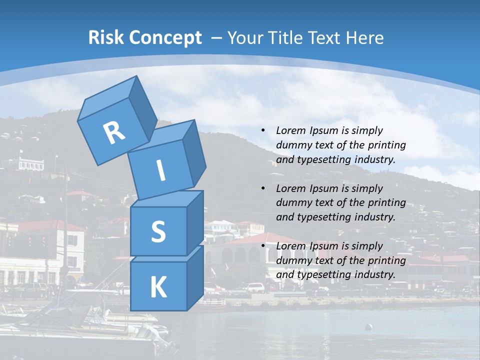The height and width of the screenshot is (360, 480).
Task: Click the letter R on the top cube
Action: pyautogui.click(x=114, y=133)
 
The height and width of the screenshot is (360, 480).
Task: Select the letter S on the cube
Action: pyautogui.click(x=158, y=232)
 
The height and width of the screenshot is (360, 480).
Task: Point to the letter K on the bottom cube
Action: pyautogui.click(x=158, y=287)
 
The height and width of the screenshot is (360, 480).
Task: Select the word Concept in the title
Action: pyautogui.click(x=164, y=38)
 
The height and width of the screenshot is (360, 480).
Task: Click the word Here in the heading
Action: pyautogui.click(x=364, y=38)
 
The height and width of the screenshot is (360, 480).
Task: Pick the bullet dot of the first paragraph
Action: pyautogui.click(x=263, y=130)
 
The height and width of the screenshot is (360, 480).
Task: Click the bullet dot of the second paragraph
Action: pyautogui.click(x=263, y=188)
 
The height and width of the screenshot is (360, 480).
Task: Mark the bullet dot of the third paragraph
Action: pyautogui.click(x=263, y=246)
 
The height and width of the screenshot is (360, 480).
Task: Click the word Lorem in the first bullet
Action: pyautogui.click(x=290, y=130)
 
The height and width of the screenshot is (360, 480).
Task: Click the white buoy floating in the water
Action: pyautogui.click(x=369, y=327)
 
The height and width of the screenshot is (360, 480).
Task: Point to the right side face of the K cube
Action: pyautogui.click(x=195, y=278)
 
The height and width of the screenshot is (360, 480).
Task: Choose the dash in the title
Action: pyautogui.click(x=216, y=38)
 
